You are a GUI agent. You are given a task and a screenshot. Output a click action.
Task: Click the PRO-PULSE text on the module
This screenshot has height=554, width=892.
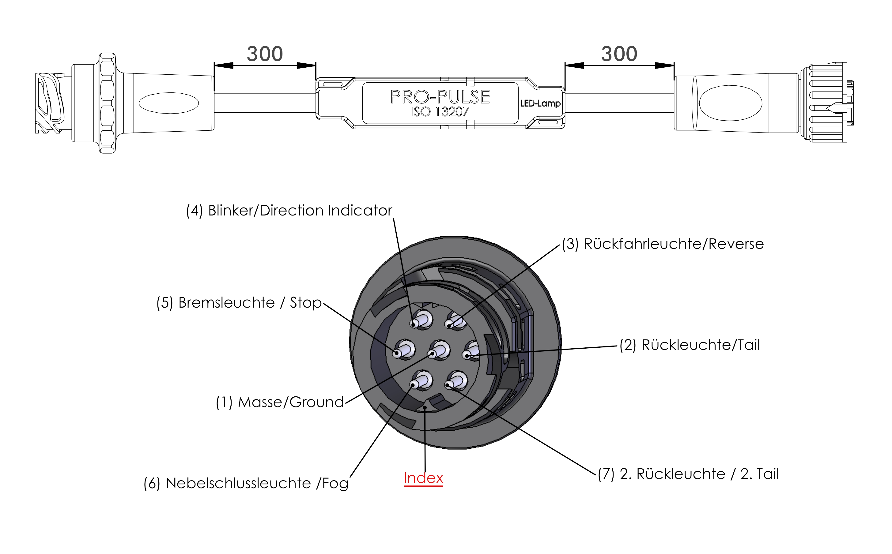tap(440, 97)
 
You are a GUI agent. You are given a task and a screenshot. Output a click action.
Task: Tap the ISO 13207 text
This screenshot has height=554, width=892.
tap(440, 112)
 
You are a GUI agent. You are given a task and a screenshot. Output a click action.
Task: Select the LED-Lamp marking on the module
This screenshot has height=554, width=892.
tap(540, 103)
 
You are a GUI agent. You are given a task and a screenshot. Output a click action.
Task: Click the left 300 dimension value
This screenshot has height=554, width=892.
tap(265, 54)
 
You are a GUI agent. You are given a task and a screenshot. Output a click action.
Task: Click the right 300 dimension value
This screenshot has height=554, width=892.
tap(619, 54)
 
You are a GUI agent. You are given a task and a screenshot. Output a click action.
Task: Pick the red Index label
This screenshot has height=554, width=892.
tap(423, 478)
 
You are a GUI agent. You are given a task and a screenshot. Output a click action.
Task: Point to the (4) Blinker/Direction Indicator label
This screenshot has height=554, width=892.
tap(289, 211)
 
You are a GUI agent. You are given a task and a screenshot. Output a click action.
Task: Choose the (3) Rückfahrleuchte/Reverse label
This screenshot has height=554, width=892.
tap(663, 244)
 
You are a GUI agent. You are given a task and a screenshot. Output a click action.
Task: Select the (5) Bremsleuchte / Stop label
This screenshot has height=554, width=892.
tap(239, 303)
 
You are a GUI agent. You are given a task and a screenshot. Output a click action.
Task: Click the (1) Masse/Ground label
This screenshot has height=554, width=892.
tap(280, 402)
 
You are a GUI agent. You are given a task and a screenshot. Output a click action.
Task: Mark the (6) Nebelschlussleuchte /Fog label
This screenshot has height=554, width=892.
tap(246, 484)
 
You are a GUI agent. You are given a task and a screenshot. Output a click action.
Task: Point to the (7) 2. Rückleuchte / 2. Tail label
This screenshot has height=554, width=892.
tap(688, 474)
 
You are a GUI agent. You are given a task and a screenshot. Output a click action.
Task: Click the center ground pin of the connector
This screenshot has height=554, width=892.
tap(437, 351)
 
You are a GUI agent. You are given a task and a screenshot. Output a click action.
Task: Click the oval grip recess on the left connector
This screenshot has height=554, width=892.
tap(169, 103)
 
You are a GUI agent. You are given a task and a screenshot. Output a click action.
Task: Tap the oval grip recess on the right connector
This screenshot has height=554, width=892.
tap(730, 103)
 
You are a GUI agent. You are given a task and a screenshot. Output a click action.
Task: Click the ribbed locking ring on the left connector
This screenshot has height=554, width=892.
tap(108, 103)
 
